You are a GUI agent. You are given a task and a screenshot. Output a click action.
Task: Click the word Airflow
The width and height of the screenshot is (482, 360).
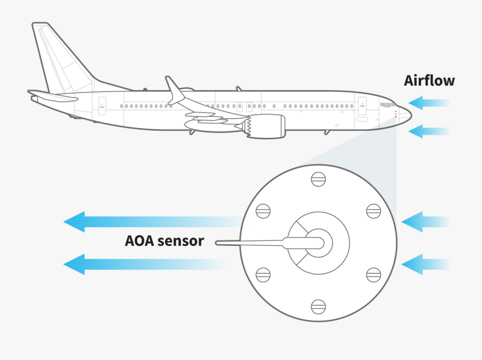click(429, 81)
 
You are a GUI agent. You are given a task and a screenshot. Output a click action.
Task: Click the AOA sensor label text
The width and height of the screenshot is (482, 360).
click(164, 241)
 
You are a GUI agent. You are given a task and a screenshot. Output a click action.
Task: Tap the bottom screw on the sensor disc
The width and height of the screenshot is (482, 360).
click(318, 306)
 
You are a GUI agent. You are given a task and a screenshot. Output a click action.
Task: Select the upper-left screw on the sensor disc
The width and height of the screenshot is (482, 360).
click(262, 211)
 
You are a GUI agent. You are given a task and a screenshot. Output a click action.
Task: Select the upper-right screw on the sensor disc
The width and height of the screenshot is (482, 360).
click(374, 211)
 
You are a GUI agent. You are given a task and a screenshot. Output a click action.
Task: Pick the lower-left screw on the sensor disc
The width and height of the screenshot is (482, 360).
click(262, 274)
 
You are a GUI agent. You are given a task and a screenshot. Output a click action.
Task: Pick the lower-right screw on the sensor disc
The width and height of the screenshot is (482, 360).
click(374, 274)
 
